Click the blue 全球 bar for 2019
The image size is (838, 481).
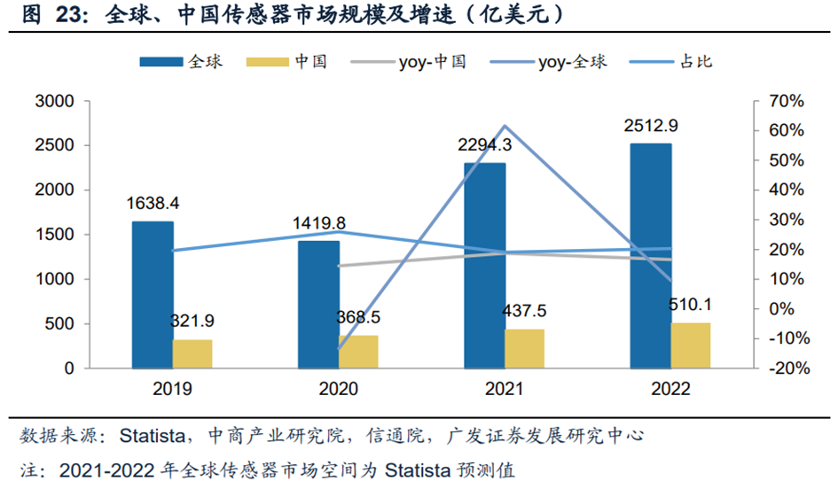click(153, 294)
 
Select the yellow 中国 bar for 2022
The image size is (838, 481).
click(691, 345)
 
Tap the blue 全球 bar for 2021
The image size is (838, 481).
click(485, 265)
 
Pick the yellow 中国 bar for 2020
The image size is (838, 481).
click(358, 351)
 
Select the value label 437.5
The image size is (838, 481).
click(524, 312)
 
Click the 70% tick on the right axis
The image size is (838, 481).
click(785, 101)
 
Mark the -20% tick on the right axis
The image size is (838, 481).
click(784, 369)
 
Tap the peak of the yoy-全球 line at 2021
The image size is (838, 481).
click(505, 126)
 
